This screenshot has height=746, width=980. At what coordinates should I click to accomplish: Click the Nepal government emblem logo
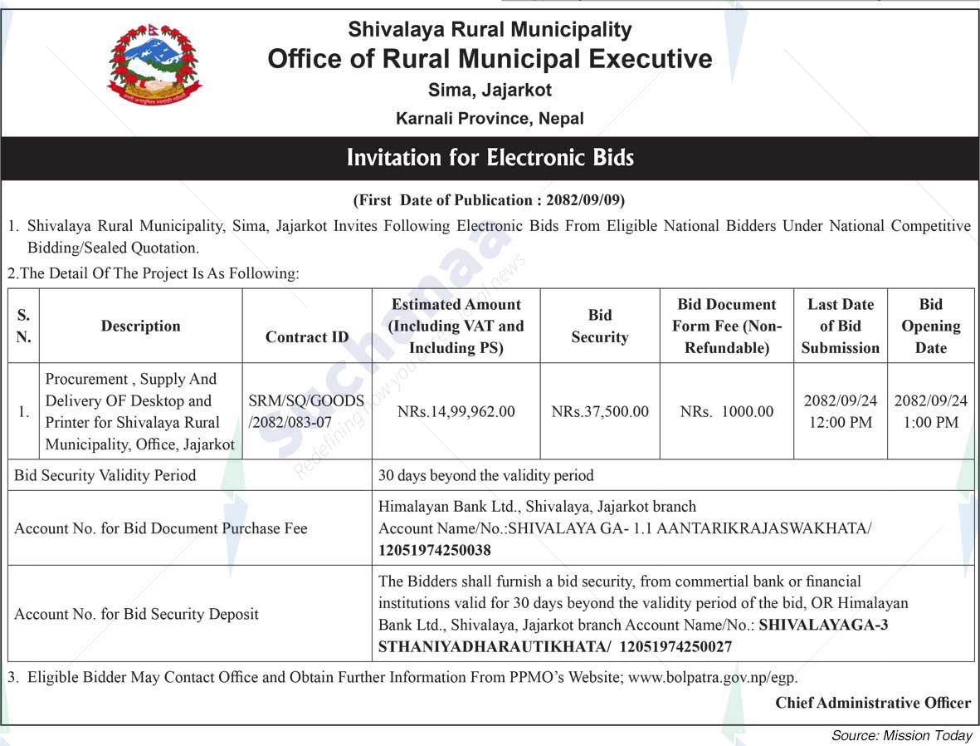(x=154, y=65)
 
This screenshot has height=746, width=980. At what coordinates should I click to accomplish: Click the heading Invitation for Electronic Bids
(x=490, y=158)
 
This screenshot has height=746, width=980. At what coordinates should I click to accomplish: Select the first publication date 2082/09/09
(x=590, y=200)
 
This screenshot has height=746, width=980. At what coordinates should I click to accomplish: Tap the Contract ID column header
(x=307, y=336)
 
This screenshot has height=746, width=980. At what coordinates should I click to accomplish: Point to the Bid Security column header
(x=599, y=326)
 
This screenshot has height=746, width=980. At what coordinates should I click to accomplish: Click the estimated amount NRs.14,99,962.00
(x=456, y=411)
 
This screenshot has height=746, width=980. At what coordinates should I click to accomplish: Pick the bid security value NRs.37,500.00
(x=599, y=411)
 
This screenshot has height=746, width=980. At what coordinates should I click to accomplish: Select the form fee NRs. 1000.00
(x=726, y=411)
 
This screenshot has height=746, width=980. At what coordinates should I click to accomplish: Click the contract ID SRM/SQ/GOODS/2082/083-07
(x=306, y=411)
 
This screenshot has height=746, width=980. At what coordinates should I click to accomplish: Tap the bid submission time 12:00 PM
(x=840, y=422)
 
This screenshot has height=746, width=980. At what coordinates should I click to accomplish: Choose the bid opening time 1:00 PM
(x=930, y=422)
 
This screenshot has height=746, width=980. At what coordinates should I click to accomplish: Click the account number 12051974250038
(x=434, y=550)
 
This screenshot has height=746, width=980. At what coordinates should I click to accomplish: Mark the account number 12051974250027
(x=675, y=646)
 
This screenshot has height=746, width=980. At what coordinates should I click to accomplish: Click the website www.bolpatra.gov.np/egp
(x=712, y=677)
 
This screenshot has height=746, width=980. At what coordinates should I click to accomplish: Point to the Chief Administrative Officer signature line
(x=872, y=703)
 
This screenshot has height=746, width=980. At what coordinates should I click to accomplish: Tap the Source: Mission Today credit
(x=901, y=735)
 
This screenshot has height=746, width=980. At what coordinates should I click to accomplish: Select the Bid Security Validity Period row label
(x=105, y=475)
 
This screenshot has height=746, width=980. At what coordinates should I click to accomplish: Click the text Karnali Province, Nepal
(x=490, y=118)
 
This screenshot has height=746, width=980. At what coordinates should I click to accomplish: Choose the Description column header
(x=140, y=326)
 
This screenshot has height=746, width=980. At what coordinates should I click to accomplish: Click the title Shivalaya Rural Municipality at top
(x=490, y=30)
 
